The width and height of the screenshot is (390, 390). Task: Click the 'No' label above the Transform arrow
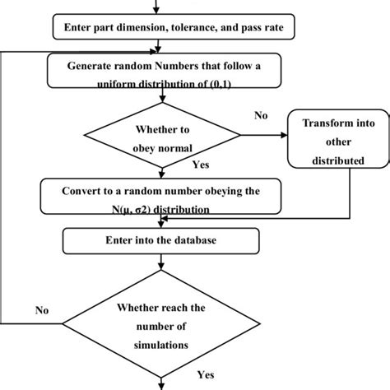261,116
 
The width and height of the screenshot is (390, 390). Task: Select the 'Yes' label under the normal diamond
200,165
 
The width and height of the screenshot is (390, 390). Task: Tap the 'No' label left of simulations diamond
42,312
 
